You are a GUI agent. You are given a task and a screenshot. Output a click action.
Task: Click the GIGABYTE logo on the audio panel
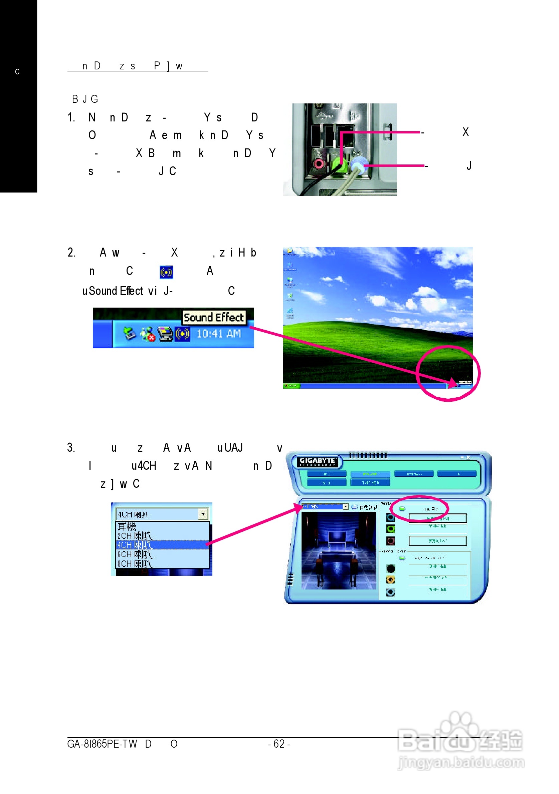[x=317, y=461]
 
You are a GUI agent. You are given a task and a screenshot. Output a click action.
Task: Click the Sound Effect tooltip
[x=214, y=317]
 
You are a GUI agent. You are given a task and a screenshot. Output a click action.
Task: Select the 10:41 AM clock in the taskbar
[x=218, y=334]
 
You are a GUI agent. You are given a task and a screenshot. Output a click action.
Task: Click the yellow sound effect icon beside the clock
[x=182, y=334]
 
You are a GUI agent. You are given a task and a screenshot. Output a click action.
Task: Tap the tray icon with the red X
[x=148, y=334]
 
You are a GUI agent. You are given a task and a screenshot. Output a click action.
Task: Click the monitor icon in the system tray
[x=165, y=334]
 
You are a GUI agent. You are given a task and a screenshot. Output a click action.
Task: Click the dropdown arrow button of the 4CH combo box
[x=203, y=514]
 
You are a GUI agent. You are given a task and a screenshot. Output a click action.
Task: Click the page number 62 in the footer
[x=279, y=744]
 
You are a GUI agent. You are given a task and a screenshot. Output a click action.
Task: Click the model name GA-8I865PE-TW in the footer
[x=102, y=744]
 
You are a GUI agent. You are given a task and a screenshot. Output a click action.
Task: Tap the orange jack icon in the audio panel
[x=390, y=579]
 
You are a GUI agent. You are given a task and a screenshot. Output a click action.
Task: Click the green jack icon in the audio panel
[x=390, y=529]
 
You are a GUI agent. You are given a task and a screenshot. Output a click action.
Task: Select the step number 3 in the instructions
[x=70, y=447]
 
